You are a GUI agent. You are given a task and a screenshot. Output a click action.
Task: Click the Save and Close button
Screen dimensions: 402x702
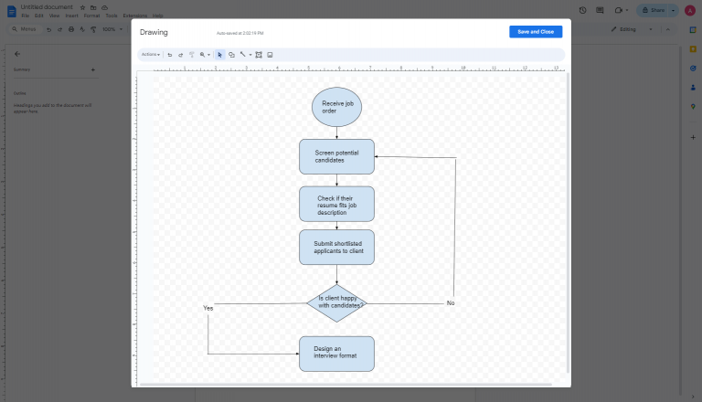(x=536, y=31)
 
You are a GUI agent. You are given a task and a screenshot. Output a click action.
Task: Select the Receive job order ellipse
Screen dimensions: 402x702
(x=336, y=107)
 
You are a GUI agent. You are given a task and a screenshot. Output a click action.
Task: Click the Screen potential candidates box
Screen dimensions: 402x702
(x=336, y=156)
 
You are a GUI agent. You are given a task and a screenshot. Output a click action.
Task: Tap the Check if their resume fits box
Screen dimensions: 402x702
(x=336, y=204)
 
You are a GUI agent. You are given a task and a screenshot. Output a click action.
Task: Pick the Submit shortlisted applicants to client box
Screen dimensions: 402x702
(x=336, y=247)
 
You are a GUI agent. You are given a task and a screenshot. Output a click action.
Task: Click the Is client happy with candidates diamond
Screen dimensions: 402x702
(x=336, y=303)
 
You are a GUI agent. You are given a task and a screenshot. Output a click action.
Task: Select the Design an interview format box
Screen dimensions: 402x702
(x=336, y=354)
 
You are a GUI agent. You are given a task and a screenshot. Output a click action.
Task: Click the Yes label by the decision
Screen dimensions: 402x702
(x=208, y=309)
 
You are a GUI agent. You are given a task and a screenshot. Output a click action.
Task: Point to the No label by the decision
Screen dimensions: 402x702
(x=451, y=302)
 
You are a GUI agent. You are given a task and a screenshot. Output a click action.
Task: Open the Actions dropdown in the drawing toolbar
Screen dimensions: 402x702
(x=150, y=55)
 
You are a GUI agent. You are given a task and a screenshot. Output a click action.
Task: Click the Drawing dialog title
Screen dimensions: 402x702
(x=154, y=32)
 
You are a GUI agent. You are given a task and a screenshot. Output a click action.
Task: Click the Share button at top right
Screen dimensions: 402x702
(x=654, y=10)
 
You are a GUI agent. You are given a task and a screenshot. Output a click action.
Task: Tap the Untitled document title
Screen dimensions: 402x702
(x=48, y=6)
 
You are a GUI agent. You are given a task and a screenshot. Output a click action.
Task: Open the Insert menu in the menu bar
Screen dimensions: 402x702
(x=71, y=16)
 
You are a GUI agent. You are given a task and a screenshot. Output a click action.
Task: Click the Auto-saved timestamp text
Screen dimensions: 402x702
(x=239, y=33)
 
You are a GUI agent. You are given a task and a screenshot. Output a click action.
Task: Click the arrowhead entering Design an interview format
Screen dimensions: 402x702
(x=296, y=354)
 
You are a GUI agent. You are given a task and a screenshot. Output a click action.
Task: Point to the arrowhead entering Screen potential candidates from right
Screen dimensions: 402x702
(x=378, y=157)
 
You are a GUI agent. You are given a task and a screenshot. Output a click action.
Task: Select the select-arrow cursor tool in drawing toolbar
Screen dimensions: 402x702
(x=219, y=55)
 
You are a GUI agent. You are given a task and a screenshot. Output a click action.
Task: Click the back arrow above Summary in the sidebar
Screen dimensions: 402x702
(x=17, y=53)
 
